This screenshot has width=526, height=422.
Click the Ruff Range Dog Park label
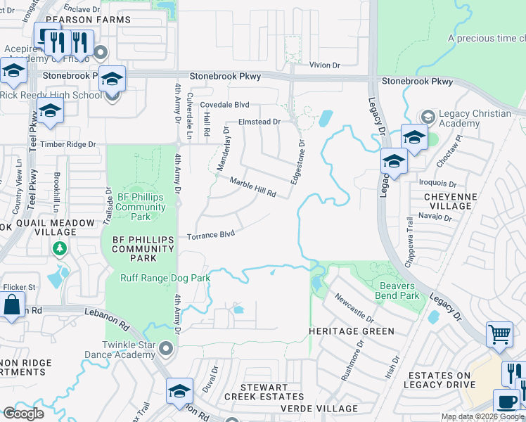click(166, 279)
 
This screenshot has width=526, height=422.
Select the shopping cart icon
click(499, 337)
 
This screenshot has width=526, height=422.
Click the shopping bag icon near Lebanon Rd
click(12, 307)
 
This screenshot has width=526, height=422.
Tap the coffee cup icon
click(506, 402)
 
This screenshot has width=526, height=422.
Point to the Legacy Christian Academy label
click(475, 118)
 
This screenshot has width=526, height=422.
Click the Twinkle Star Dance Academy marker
click(166, 347)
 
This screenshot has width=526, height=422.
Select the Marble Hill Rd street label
click(252, 186)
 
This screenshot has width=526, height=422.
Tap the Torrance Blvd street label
click(210, 235)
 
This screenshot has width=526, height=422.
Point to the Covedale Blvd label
click(225, 104)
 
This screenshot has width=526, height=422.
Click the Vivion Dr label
click(325, 65)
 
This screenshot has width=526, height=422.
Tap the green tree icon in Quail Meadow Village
click(60, 248)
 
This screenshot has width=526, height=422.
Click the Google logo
click(23, 414)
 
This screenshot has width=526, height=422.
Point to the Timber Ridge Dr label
click(68, 144)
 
